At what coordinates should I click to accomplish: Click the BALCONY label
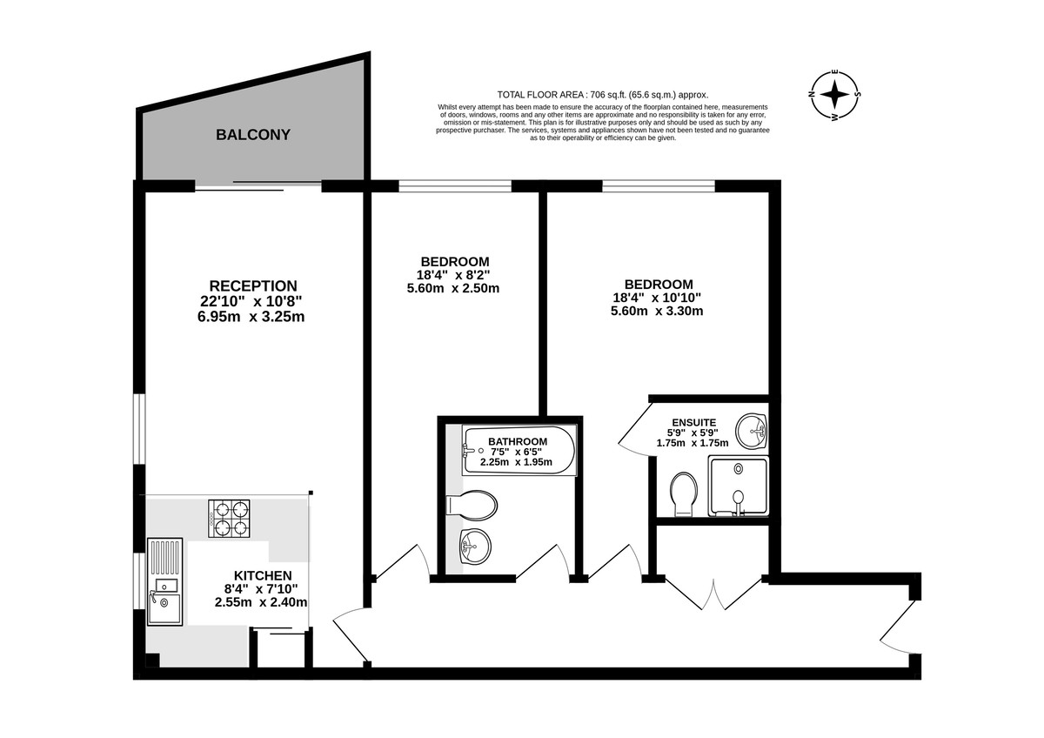253,135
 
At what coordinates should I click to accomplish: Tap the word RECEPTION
253,285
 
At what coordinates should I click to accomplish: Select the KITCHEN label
263,575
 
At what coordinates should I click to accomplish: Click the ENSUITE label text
694,422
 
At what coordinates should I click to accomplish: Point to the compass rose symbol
834,95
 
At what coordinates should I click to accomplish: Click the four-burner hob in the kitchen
229,519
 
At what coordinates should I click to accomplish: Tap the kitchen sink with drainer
165,581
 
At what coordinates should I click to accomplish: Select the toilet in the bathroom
472,505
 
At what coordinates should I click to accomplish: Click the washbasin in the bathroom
475,547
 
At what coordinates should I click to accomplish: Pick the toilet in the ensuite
684,494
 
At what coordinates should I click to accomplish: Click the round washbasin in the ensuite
751,431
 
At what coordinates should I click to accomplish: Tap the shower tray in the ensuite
738,486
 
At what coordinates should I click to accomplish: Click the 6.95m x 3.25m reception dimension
251,317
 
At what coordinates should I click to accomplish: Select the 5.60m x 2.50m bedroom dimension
453,288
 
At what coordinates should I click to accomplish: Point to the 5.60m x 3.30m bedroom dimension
657,311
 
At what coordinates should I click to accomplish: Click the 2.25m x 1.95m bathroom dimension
517,462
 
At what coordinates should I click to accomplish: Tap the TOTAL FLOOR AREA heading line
603,95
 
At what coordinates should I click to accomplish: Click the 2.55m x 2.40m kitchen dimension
261,602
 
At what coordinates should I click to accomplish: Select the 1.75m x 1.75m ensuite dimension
693,443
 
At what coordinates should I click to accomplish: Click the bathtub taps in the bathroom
469,450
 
